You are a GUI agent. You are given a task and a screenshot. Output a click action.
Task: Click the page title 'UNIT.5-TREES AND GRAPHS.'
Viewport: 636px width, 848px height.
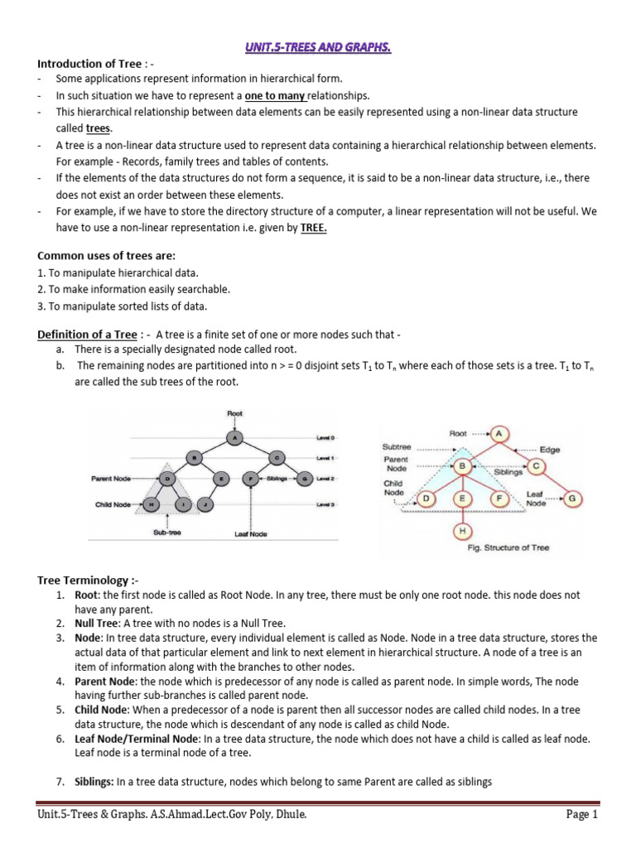[x=317, y=49]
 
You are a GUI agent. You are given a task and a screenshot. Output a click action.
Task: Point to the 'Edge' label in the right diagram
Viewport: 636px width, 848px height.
[x=549, y=450]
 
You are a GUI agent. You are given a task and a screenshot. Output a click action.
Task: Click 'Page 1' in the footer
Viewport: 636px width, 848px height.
[x=581, y=814]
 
